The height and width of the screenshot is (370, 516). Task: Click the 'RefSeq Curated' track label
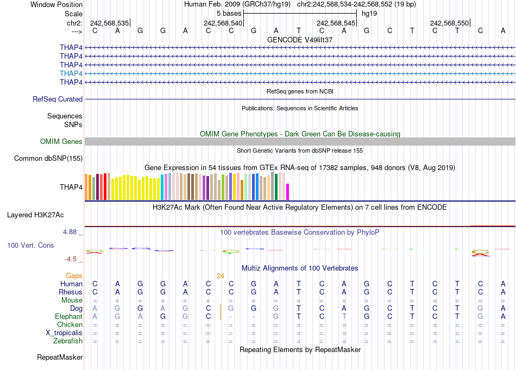tap(58, 99)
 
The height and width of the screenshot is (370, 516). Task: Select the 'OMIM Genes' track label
tap(61, 141)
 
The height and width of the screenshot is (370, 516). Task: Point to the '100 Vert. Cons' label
tap(30, 246)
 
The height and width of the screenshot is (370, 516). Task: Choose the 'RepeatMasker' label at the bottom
tap(60, 357)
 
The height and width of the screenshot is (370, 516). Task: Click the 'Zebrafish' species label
tap(68, 341)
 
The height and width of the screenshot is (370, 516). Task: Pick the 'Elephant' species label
tap(68, 316)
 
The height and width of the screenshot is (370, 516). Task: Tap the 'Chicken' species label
tap(70, 324)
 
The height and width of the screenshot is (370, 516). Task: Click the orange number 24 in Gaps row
tap(221, 275)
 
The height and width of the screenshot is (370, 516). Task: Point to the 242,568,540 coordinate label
tap(223, 23)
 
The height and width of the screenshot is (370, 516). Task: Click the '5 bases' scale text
tap(229, 13)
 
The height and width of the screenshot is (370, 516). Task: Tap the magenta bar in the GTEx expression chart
tap(288, 192)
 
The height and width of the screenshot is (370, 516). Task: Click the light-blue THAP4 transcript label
tap(71, 73)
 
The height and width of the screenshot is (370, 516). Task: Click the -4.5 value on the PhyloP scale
tap(72, 259)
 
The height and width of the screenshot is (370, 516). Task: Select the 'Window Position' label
tap(56, 4)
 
